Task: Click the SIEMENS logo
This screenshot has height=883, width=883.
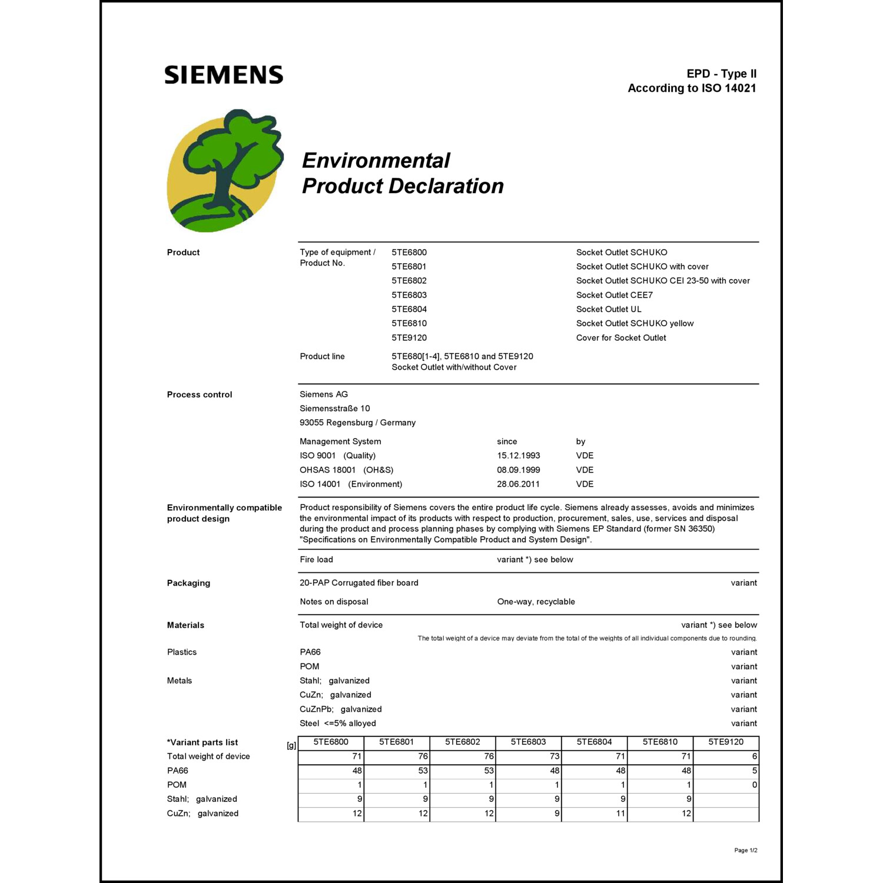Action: (x=224, y=75)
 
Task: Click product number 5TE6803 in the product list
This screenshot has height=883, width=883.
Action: (x=409, y=295)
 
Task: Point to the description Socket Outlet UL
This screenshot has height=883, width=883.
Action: (x=609, y=309)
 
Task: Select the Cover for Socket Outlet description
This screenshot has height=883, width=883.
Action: (x=621, y=338)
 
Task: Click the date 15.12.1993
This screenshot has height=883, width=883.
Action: (x=518, y=456)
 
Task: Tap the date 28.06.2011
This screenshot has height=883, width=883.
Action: (x=518, y=484)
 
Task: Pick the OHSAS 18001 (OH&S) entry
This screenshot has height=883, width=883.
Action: (x=346, y=470)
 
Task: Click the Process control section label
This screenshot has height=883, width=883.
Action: (x=200, y=394)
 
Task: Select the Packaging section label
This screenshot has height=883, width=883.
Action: (x=188, y=583)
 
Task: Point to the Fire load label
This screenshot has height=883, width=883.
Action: (x=316, y=560)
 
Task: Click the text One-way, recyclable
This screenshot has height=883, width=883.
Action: (x=536, y=602)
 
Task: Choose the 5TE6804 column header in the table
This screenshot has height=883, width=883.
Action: (x=594, y=742)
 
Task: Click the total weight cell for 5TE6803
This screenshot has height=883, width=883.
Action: (x=529, y=756)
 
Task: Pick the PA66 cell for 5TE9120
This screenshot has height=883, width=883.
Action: (x=726, y=771)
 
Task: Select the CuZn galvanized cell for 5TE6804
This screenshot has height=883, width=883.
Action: (x=594, y=814)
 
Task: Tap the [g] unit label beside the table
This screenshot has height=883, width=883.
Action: (x=291, y=745)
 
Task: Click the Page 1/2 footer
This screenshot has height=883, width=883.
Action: (x=745, y=850)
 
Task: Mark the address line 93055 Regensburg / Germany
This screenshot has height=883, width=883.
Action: (x=357, y=423)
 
